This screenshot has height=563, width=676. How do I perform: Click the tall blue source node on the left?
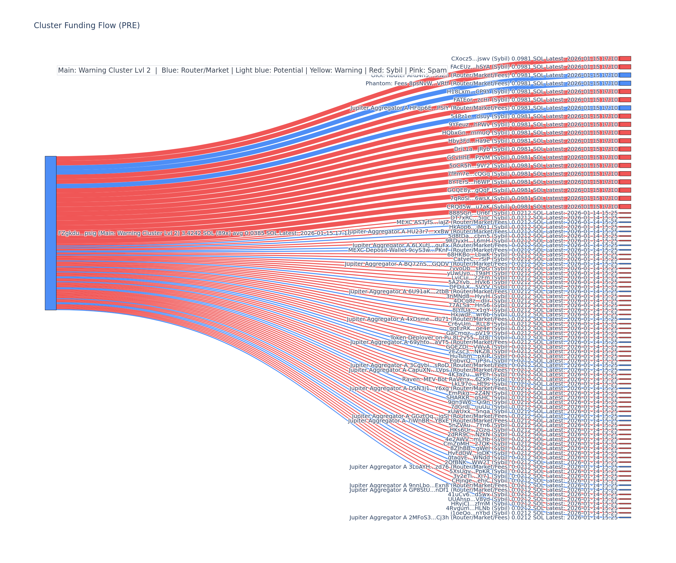click(x=50, y=233)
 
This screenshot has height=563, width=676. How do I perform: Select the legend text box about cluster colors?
click(x=252, y=70)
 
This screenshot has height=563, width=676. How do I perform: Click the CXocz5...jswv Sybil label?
click(x=534, y=59)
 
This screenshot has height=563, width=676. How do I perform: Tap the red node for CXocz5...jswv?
click(x=625, y=59)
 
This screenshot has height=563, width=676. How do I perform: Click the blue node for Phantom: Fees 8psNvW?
click(x=625, y=83)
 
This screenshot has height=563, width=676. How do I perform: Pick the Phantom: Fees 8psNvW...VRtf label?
click(x=492, y=83)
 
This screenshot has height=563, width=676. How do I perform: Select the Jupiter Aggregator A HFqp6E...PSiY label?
click(x=484, y=108)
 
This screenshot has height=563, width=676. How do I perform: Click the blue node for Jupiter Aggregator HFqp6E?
click(x=625, y=108)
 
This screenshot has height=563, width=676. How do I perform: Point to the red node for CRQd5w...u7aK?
click(x=625, y=207)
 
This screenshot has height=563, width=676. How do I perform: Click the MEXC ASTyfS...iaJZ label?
click(x=507, y=222)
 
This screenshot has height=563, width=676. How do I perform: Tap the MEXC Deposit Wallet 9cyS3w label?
click(x=483, y=250)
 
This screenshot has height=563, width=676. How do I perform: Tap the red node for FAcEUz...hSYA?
click(x=625, y=67)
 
